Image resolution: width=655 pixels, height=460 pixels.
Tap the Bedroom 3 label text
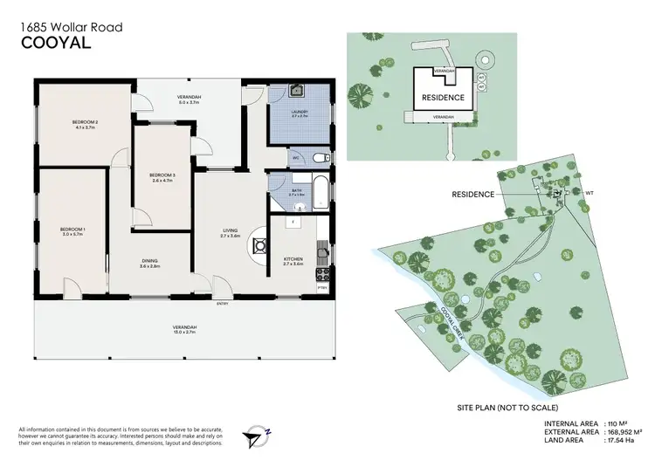pyautogui.click(x=163, y=177)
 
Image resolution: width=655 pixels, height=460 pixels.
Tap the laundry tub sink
pyautogui.click(x=296, y=91)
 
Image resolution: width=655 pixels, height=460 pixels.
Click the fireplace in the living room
pyautogui.click(x=261, y=247)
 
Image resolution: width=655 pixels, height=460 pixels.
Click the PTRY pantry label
pyautogui.click(x=321, y=287)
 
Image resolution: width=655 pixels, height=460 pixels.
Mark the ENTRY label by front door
pyautogui.click(x=210, y=305)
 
